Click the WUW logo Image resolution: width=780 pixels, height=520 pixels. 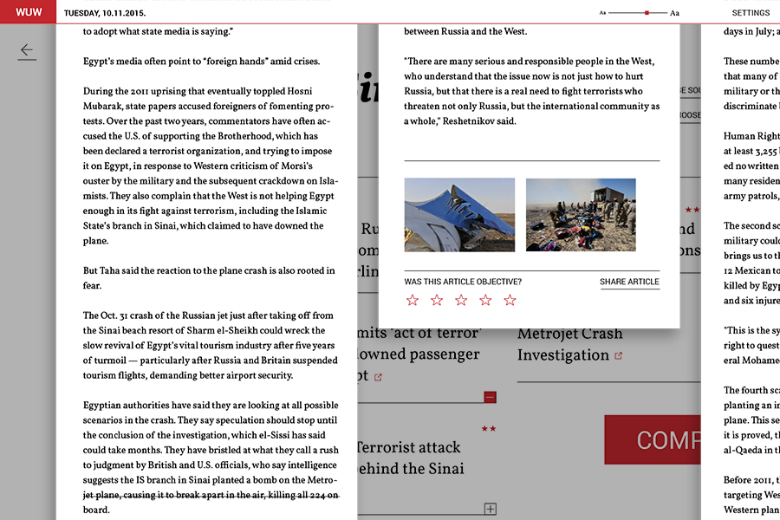point(29,12)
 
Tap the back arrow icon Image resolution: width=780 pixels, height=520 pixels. point(27,52)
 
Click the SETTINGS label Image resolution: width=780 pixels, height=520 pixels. point(751,13)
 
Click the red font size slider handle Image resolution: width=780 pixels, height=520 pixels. point(647,13)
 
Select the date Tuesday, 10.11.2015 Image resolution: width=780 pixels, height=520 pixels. point(105,13)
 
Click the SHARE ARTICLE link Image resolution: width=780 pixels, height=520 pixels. point(629,282)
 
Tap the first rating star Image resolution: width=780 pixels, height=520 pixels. point(413,300)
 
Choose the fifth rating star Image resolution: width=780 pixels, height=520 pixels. point(510,300)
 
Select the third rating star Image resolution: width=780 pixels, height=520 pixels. point(461,300)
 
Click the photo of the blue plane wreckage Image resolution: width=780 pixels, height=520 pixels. point(459,215)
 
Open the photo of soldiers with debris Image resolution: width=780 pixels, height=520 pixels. point(581,215)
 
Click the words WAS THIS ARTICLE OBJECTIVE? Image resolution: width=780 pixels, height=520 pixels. point(463,282)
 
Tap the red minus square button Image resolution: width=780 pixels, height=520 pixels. point(490,397)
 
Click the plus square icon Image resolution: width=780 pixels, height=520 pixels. point(490,509)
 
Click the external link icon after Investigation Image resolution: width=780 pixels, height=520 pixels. point(618,356)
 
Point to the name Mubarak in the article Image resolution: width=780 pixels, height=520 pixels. point(113,107)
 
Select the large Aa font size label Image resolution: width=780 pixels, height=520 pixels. point(675,13)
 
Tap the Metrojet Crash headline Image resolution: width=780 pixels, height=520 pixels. point(569,334)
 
